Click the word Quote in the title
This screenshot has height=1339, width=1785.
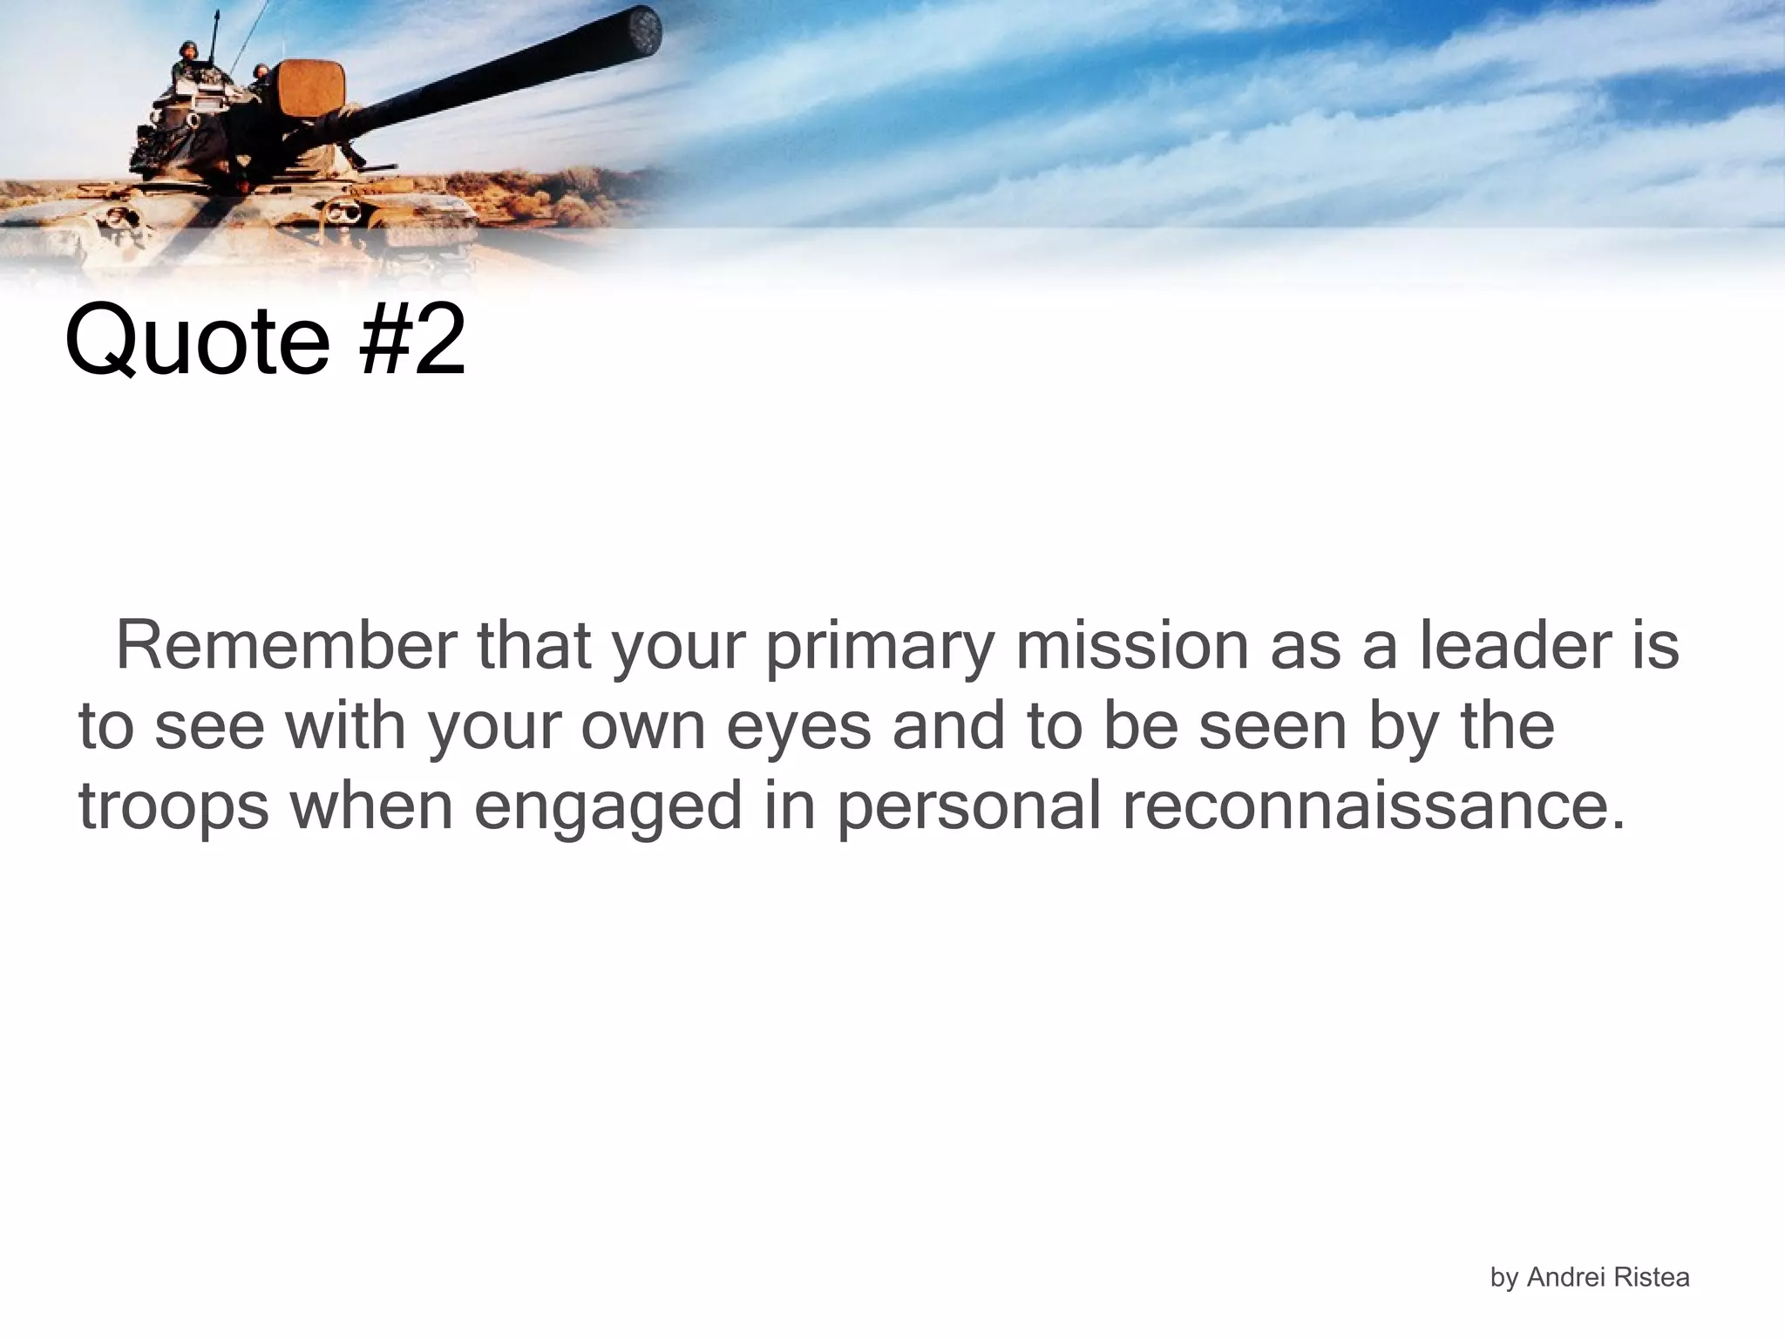[x=197, y=340]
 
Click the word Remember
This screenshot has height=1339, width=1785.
[x=286, y=646]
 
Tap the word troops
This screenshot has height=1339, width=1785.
[x=173, y=807]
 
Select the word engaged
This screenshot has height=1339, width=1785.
[x=607, y=807]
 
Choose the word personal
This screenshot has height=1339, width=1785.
[x=967, y=807]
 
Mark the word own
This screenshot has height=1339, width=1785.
[x=642, y=727]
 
